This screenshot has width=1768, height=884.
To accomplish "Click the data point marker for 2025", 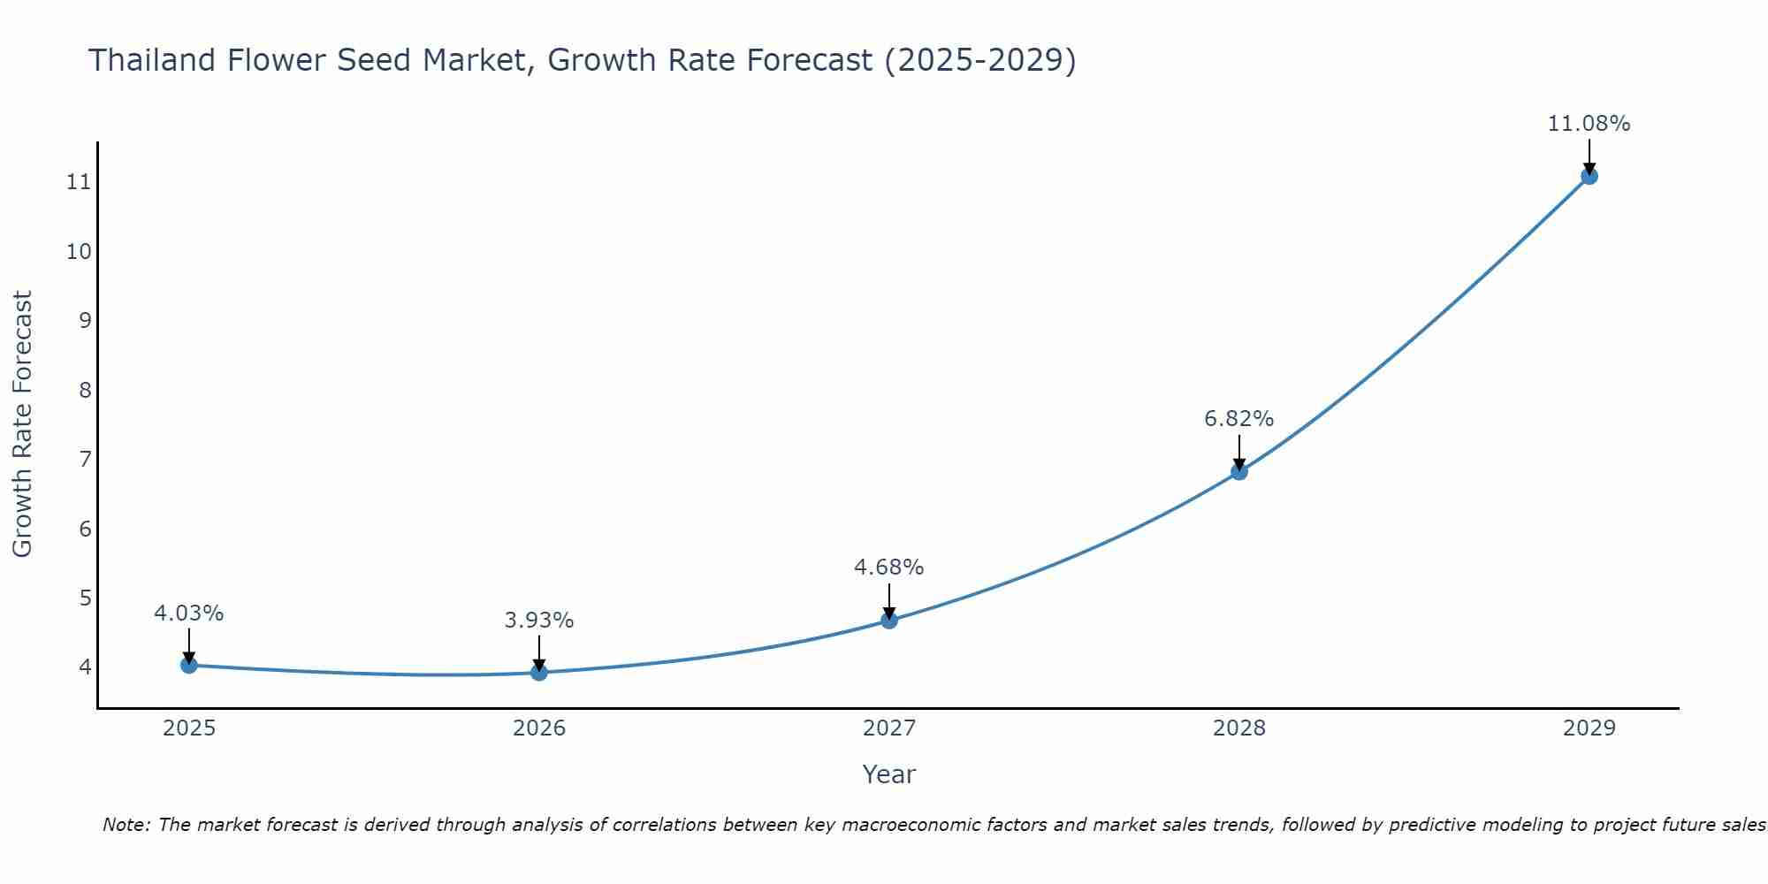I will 189,665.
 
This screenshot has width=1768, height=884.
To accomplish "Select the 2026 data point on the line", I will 539,672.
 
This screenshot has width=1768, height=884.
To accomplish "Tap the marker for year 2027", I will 889,621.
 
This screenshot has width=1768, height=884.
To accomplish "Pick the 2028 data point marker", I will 1239,471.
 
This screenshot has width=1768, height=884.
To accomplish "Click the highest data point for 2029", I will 1589,176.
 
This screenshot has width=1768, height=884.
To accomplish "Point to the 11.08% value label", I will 1589,124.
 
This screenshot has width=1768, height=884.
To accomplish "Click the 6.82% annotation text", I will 1238,419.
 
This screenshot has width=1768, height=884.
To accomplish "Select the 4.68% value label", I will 888,568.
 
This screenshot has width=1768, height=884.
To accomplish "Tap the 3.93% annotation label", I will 539,621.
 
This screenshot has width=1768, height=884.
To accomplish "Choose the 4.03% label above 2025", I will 189,613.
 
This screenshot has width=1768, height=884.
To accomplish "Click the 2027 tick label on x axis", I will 889,728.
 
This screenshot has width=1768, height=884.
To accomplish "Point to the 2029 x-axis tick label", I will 1589,728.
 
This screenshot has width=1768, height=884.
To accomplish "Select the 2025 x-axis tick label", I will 189,728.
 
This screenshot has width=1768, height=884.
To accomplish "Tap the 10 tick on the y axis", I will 79,252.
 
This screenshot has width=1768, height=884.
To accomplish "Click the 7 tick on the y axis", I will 85,460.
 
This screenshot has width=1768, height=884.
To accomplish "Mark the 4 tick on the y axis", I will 85,667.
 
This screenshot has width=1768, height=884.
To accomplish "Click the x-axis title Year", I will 888,774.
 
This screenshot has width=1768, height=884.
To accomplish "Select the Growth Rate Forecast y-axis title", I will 23,424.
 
